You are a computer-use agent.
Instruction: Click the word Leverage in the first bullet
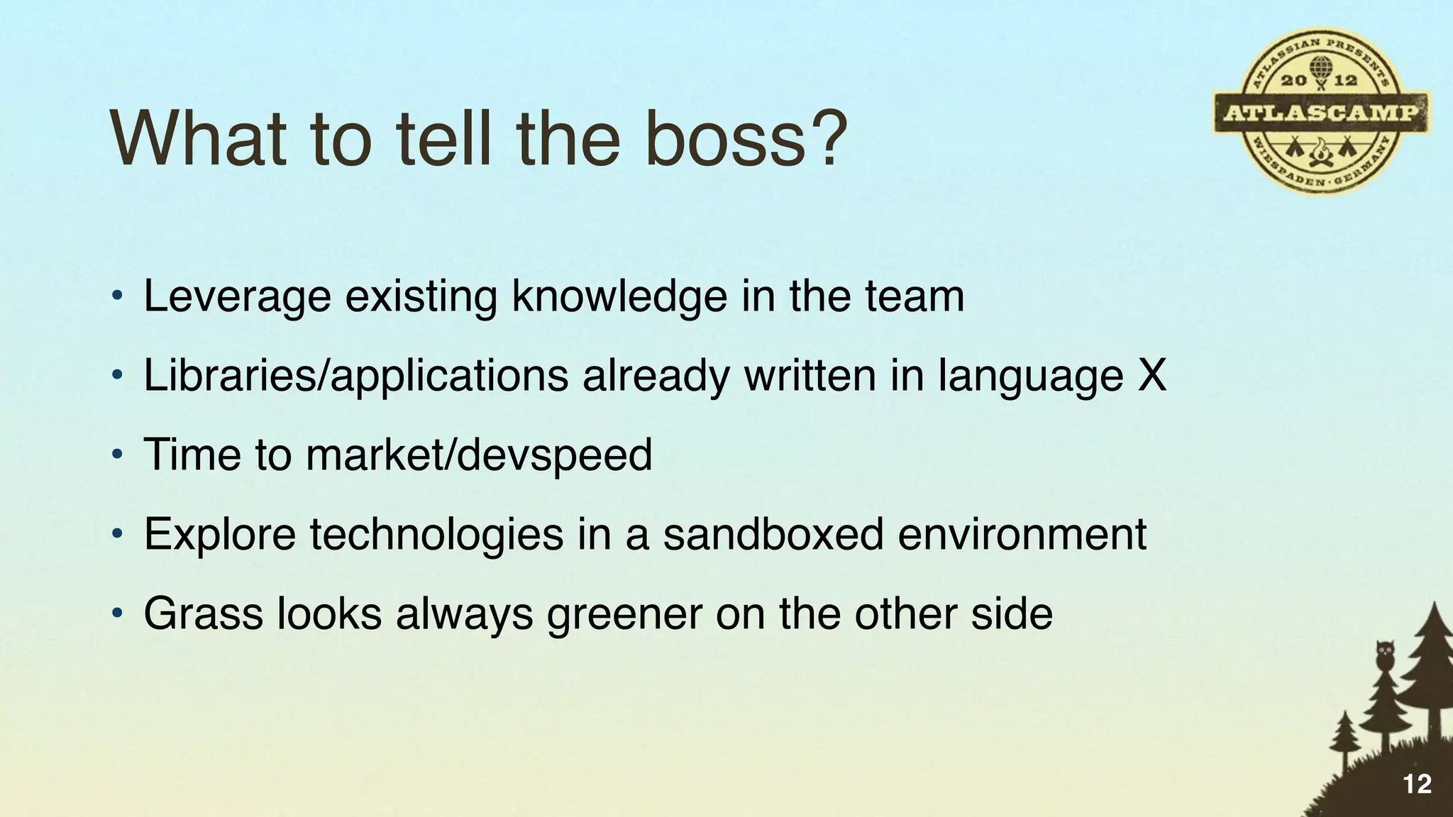[x=237, y=298]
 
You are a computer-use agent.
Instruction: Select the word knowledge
[x=619, y=298]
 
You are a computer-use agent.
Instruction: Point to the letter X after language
[x=1151, y=375]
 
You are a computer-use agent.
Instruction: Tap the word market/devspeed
[x=479, y=455]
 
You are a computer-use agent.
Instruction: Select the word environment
[x=1022, y=535]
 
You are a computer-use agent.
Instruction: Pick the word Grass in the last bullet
[x=203, y=613]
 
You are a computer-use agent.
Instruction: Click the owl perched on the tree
[x=1383, y=655]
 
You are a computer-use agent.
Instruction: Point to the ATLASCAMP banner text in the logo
[x=1321, y=113]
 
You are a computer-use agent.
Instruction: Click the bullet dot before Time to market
[x=117, y=454]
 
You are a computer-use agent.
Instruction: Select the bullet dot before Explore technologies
[x=117, y=533]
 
